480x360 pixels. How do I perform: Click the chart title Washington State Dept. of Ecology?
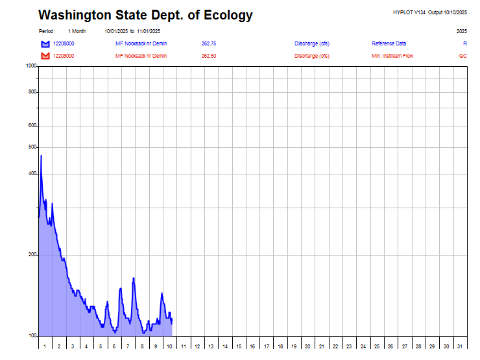[x=145, y=15]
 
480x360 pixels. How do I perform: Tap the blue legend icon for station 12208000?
[x=45, y=43]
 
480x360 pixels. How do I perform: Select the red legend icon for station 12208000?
[x=45, y=56]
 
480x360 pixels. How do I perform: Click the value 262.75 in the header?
[x=209, y=43]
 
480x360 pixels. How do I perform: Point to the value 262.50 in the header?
[x=209, y=56]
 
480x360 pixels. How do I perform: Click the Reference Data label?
[x=389, y=43]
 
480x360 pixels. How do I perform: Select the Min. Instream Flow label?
[x=392, y=56]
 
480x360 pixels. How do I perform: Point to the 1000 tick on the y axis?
[x=31, y=66]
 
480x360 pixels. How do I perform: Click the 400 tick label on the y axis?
[x=32, y=174]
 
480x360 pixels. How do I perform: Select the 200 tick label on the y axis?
[x=32, y=255]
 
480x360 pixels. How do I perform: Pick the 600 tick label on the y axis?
[x=32, y=126]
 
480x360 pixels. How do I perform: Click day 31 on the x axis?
[x=460, y=346]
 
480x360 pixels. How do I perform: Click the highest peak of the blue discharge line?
[x=41, y=156]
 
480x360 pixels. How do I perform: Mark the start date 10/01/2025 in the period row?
[x=116, y=31]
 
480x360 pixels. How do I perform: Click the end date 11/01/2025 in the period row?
[x=149, y=31]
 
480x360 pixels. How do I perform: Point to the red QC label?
[x=462, y=56]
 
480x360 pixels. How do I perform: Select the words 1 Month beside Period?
[x=77, y=31]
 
